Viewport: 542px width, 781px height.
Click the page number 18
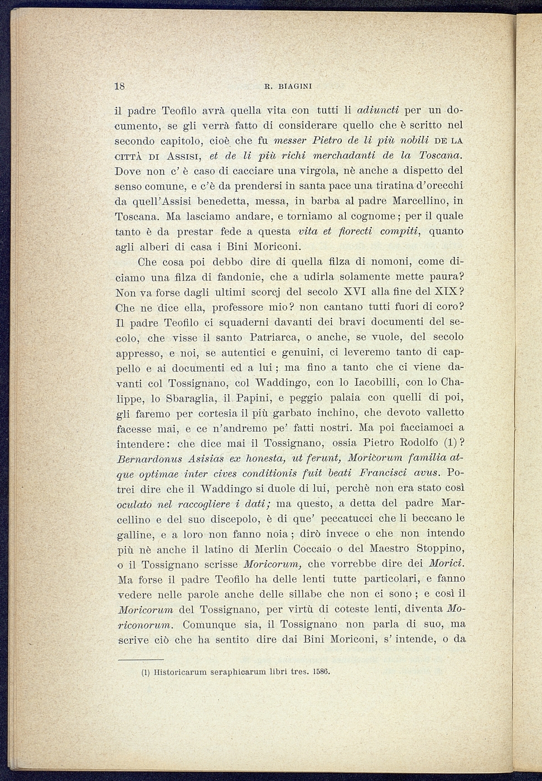click(119, 86)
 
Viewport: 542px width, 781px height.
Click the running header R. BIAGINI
click(288, 86)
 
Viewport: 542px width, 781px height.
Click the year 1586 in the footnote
click(321, 672)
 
